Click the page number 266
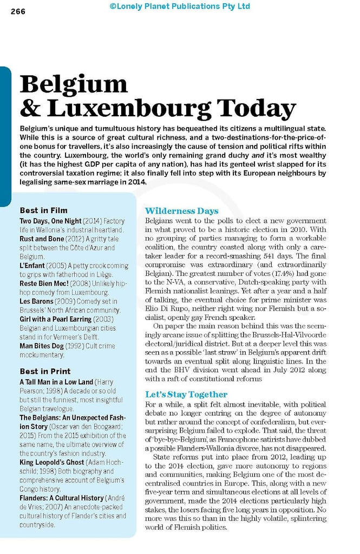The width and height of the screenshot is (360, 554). coord(18,13)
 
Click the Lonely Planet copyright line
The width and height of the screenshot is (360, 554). coord(180,6)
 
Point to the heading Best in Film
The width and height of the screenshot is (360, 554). coord(43,210)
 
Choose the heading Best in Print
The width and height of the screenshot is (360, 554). coord(45,371)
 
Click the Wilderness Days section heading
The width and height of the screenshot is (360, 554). coord(181,211)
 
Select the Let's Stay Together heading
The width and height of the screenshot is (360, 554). coord(186,394)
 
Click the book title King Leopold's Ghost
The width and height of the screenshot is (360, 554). coord(52,462)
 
